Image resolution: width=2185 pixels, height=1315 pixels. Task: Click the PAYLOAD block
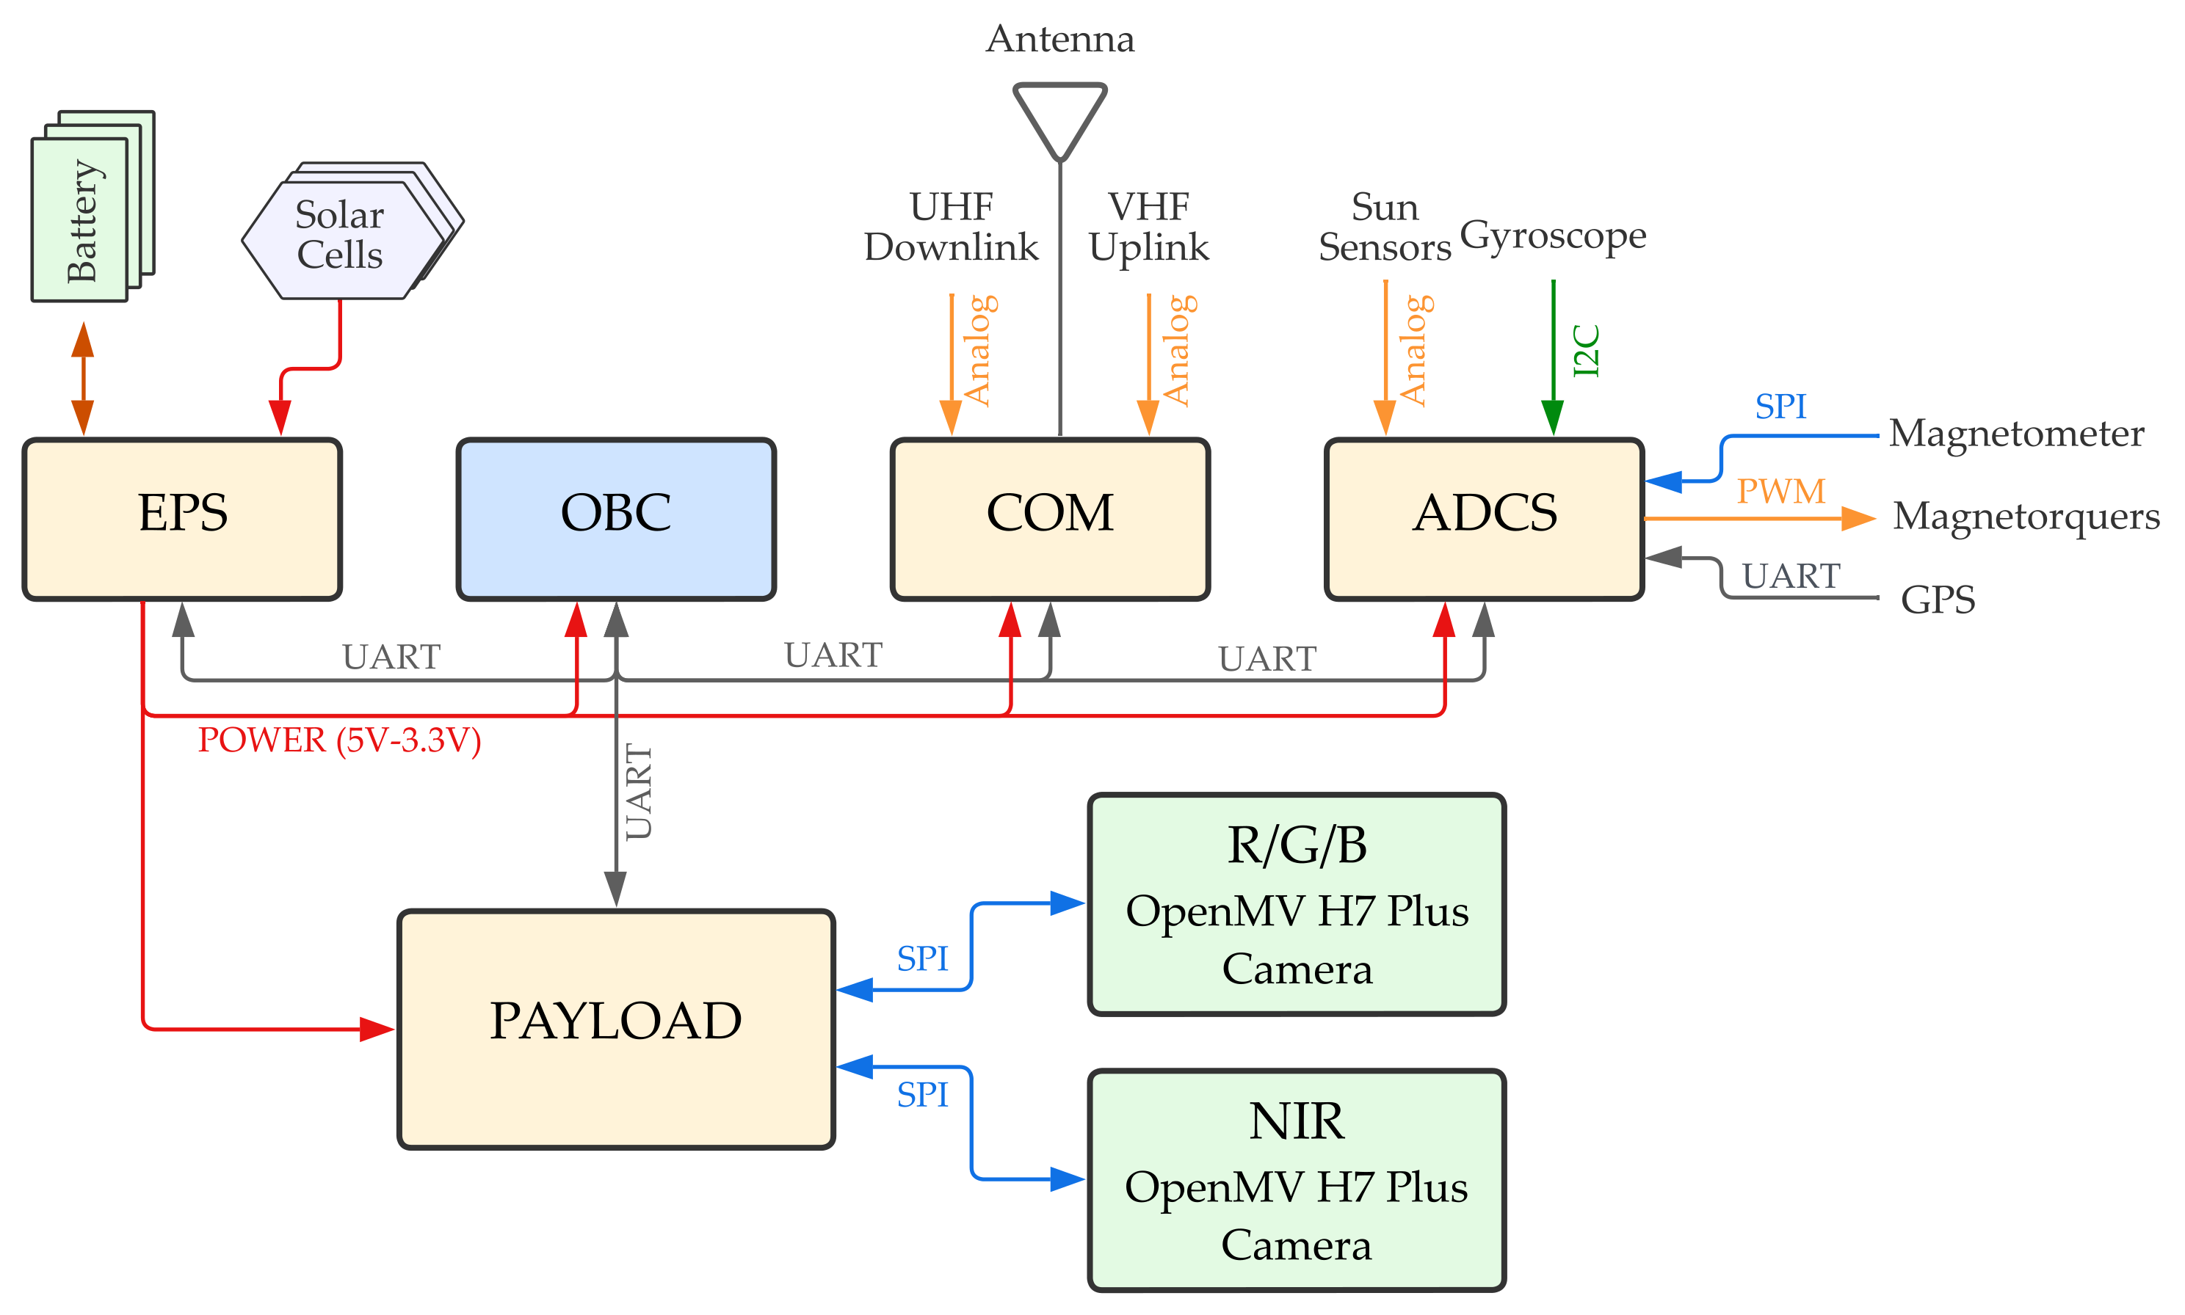point(615,1028)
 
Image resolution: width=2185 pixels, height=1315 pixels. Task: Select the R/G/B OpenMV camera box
point(1296,904)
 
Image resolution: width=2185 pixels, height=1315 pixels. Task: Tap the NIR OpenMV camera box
point(1296,1179)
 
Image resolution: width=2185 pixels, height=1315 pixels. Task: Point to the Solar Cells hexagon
point(341,236)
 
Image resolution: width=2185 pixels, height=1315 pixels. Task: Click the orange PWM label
point(1780,491)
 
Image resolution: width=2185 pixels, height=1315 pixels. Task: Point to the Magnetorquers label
point(2026,516)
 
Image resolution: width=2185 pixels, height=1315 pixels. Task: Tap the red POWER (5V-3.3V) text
point(338,740)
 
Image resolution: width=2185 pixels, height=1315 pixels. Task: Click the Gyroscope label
point(1552,236)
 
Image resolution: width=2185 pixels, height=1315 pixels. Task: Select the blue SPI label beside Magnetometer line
point(1780,406)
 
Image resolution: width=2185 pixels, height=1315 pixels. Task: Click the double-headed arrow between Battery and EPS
point(82,379)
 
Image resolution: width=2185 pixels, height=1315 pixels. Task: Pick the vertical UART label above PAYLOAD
point(638,791)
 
